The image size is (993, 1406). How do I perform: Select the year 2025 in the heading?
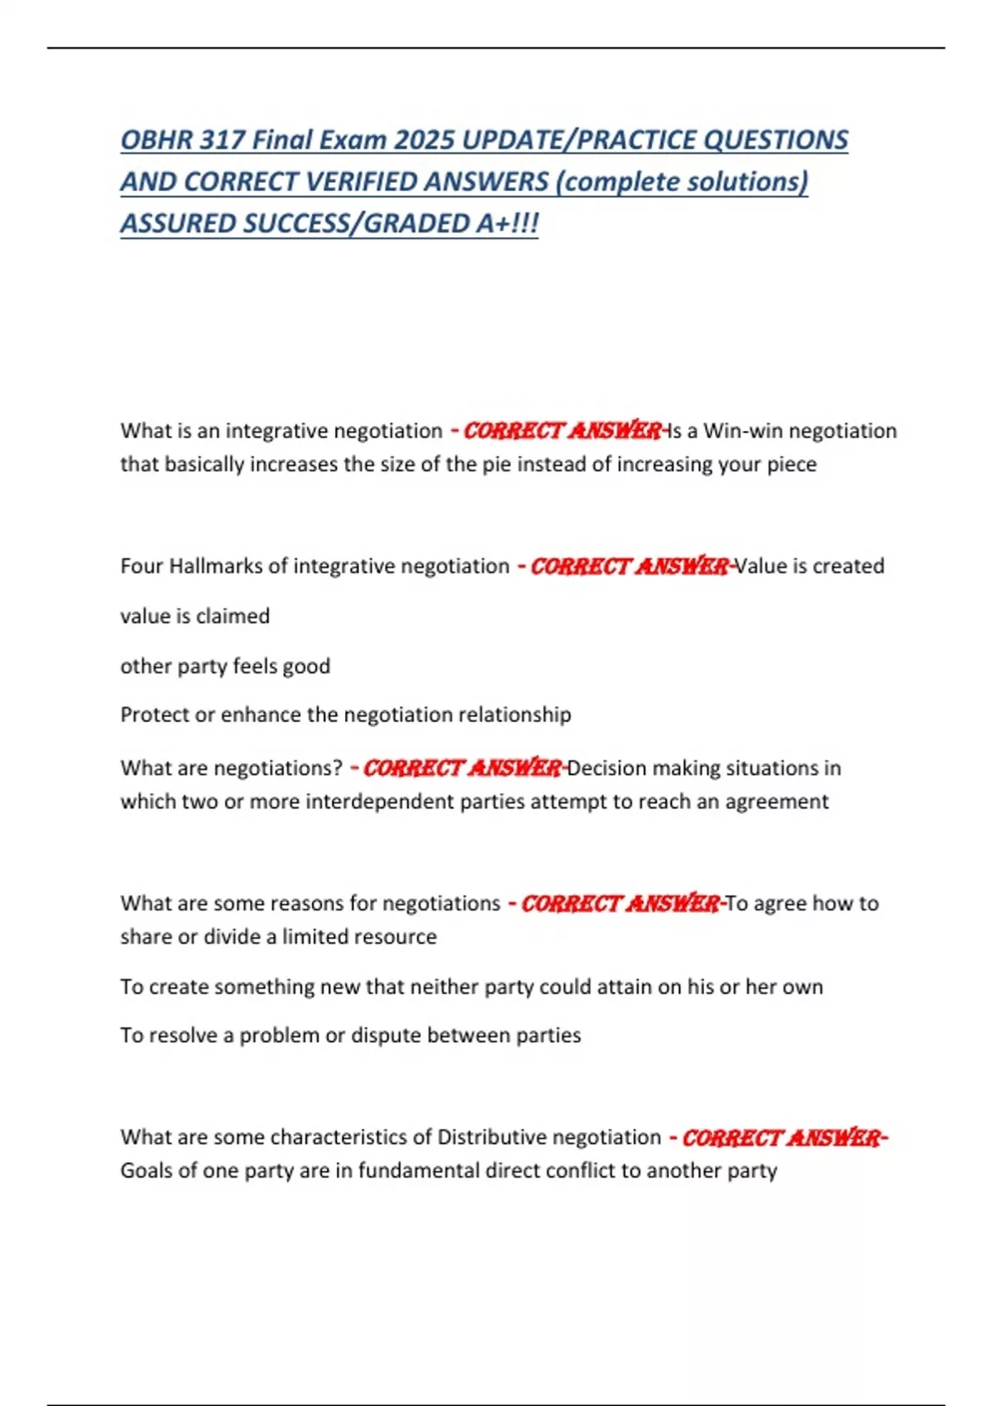click(423, 140)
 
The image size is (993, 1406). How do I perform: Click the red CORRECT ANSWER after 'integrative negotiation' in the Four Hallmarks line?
click(629, 567)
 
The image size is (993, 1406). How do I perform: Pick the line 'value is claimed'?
click(195, 616)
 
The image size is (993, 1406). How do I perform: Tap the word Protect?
click(155, 715)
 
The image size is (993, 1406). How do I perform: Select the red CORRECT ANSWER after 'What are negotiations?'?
click(462, 768)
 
